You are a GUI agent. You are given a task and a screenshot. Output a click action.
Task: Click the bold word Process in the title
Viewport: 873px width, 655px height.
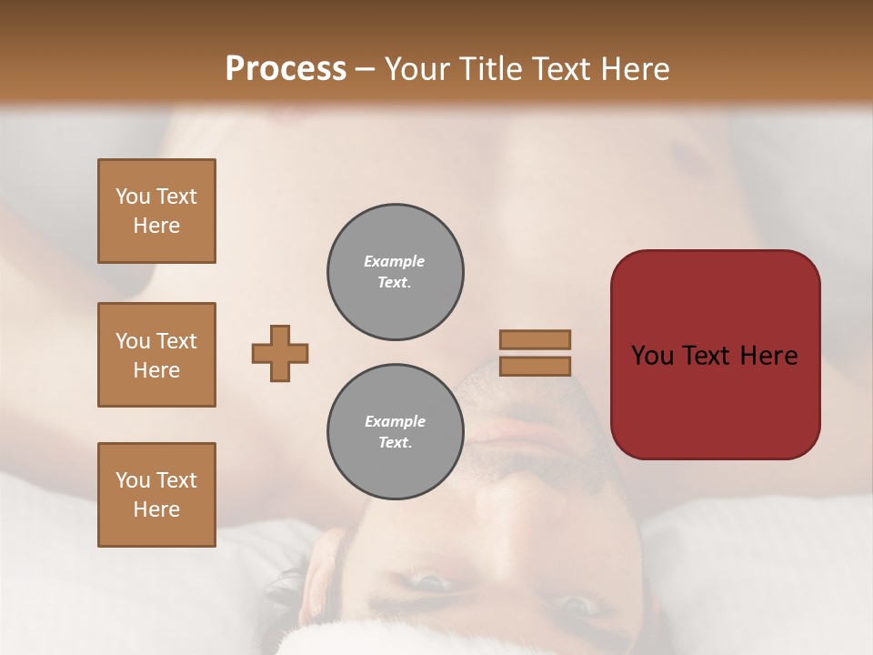[286, 69]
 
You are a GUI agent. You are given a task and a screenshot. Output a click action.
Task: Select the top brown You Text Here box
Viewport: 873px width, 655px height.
[156, 211]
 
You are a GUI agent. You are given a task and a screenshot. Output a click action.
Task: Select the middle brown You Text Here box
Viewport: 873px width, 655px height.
[156, 355]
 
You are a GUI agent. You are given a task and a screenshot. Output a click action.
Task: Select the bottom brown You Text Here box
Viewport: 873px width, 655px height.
[156, 495]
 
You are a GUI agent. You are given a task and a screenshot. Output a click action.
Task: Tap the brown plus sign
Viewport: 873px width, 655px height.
[280, 353]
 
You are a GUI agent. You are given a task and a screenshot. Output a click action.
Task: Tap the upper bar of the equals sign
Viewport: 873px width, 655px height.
[535, 339]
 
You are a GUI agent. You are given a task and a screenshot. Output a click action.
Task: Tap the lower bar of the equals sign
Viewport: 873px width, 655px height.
[535, 366]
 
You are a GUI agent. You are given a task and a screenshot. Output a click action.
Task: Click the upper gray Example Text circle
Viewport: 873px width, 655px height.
[395, 272]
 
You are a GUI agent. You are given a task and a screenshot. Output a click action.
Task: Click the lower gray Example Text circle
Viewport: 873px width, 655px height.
[395, 432]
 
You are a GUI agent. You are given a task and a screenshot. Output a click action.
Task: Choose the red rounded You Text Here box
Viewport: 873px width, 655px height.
[715, 355]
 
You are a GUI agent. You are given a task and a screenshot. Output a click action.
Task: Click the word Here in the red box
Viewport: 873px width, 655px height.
[768, 356]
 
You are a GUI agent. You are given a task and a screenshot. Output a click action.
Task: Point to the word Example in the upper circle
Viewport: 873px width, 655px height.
[394, 261]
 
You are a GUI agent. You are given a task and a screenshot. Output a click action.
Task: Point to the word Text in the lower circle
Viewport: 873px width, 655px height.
[394, 443]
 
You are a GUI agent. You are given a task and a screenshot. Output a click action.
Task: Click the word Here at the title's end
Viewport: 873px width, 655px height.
[636, 69]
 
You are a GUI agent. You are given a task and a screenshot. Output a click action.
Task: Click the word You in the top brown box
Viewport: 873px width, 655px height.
[133, 196]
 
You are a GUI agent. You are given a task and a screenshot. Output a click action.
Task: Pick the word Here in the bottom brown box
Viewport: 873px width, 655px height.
[156, 509]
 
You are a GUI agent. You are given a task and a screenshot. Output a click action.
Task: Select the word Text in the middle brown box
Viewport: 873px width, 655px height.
[176, 341]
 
